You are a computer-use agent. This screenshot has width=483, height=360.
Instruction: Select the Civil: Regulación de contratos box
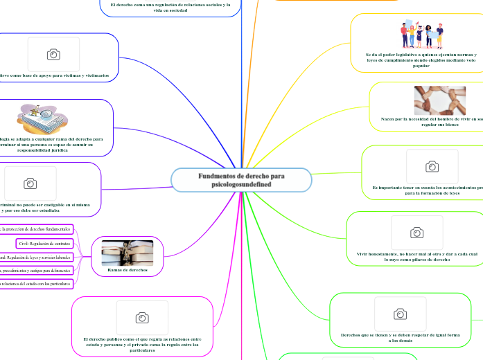(x=44, y=243)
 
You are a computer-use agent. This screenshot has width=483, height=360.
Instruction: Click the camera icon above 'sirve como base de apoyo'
(x=53, y=54)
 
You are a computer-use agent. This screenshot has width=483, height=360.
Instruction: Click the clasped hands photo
(x=439, y=100)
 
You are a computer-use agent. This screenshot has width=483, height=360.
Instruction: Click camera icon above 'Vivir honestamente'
(x=416, y=233)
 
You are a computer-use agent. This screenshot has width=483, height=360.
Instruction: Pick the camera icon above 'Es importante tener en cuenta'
(x=432, y=166)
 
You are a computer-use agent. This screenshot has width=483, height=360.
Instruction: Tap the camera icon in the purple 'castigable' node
(x=30, y=183)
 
